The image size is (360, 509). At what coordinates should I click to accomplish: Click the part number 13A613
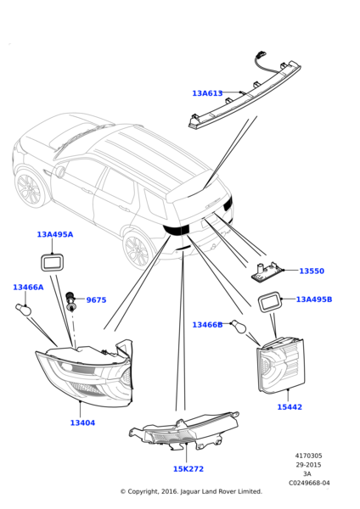point(207,93)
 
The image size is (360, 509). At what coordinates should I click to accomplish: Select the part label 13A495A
point(55,234)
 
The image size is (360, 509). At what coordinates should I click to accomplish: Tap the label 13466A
point(28,288)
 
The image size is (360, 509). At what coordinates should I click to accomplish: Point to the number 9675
point(96,300)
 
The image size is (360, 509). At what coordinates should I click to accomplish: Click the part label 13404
point(82,422)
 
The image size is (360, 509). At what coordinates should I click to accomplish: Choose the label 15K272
point(188,469)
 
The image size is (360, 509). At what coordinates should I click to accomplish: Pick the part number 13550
point(312,271)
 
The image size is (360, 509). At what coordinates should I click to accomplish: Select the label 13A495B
point(314,299)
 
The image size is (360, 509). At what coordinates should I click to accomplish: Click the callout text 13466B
point(207,325)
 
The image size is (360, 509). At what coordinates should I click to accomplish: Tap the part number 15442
point(290,406)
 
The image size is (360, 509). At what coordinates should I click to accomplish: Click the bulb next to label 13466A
point(24,309)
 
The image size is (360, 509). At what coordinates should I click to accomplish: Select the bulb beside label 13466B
point(239,327)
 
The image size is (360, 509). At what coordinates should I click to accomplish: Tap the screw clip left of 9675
point(70,301)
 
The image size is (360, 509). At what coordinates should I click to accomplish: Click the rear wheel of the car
point(138,251)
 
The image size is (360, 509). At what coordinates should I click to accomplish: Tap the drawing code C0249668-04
point(309,483)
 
